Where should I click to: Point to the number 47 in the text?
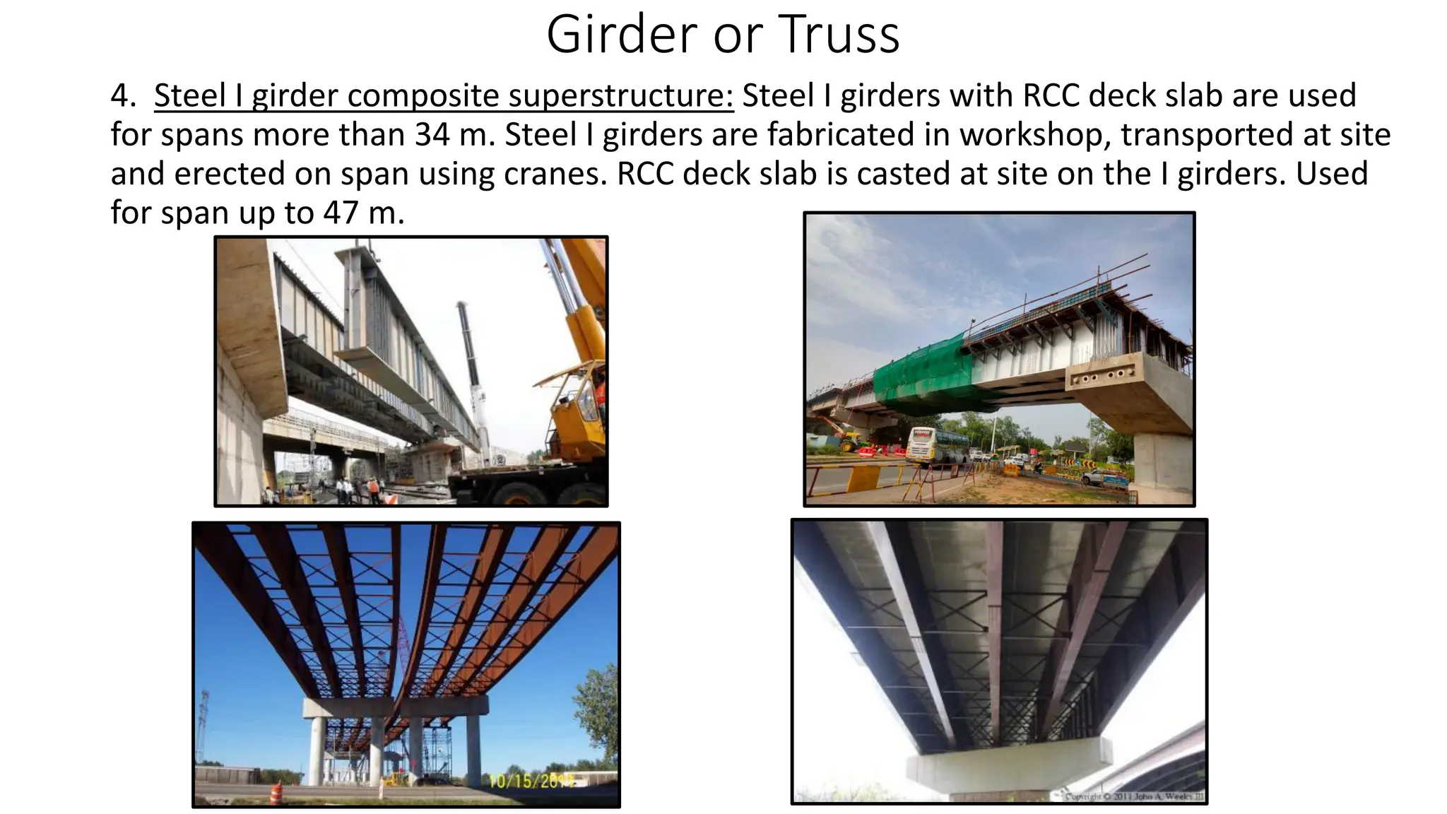point(341,212)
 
